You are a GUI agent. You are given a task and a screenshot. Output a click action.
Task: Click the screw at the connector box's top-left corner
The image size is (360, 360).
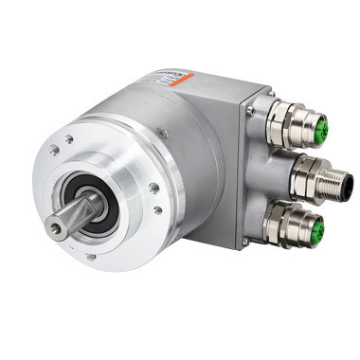click(250, 111)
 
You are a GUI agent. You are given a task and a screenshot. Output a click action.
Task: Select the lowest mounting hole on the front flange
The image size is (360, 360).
click(89, 255)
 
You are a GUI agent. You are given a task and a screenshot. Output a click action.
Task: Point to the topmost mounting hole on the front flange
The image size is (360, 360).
click(68, 137)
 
